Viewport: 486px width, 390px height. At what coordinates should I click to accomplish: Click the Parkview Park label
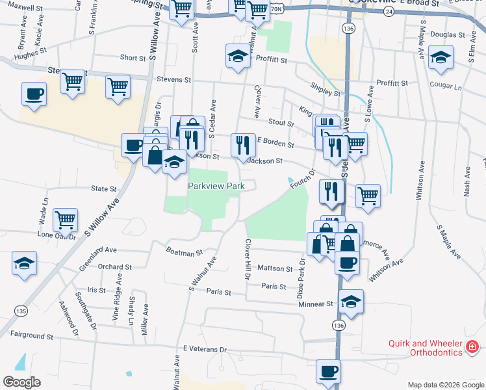pyautogui.click(x=216, y=187)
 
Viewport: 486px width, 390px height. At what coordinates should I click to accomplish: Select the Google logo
pyautogui.click(x=21, y=382)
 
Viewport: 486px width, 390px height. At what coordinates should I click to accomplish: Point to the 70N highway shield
pyautogui.click(x=277, y=8)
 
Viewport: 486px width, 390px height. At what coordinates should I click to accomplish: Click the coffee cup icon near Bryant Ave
pyautogui.click(x=34, y=94)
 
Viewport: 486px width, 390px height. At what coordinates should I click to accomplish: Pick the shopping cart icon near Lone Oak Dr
pyautogui.click(x=65, y=220)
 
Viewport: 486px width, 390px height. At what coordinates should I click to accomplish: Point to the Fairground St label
pyautogui.click(x=31, y=337)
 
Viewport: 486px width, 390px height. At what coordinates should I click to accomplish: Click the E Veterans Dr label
pyautogui.click(x=205, y=350)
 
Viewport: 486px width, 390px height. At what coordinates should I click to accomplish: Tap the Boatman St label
pyautogui.click(x=185, y=251)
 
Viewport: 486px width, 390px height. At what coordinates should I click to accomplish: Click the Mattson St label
pyautogui.click(x=275, y=268)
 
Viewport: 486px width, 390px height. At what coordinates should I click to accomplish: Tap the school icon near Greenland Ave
pyautogui.click(x=25, y=263)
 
